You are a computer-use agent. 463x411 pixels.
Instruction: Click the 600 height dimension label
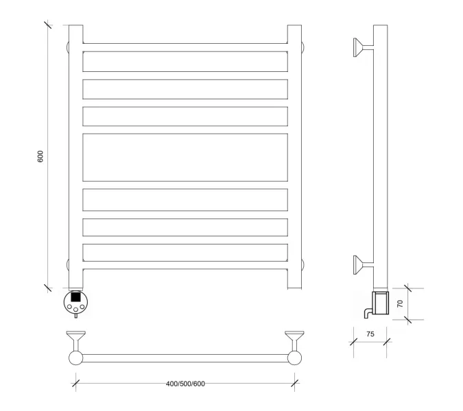tap(40, 156)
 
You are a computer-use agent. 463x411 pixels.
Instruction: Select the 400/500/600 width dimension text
tap(185, 384)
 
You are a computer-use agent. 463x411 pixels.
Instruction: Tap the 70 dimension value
tap(400, 303)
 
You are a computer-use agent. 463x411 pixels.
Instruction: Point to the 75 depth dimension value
tap(370, 334)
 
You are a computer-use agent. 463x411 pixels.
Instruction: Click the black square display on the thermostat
tap(75, 297)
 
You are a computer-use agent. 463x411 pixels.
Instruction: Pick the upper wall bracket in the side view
tap(364, 47)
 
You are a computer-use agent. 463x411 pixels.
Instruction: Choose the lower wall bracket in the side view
tap(364, 265)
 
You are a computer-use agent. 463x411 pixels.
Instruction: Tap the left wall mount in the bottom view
tap(76, 341)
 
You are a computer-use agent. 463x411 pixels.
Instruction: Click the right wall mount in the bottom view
tap(294, 341)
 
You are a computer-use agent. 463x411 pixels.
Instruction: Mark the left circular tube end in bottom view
tap(76, 358)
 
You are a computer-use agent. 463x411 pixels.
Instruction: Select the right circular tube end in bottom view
tap(294, 358)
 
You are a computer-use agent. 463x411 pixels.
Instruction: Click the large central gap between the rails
tap(185, 158)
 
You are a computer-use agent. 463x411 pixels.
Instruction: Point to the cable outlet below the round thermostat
tap(76, 316)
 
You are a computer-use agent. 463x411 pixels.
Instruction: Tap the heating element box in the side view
tap(381, 303)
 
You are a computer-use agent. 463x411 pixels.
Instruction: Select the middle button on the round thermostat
tap(76, 310)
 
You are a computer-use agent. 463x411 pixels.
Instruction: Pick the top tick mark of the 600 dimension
tap(48, 25)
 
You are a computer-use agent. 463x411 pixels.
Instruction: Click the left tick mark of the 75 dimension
tap(353, 342)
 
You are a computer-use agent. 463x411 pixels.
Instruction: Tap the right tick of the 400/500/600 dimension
tap(294, 384)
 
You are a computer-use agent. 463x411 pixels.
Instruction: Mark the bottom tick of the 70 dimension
tap(407, 320)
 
